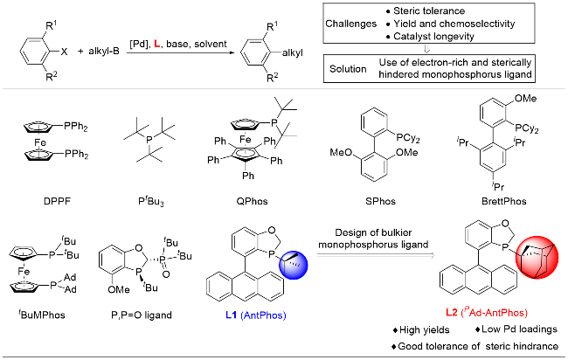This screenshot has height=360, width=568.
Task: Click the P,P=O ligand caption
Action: click(x=137, y=313)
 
